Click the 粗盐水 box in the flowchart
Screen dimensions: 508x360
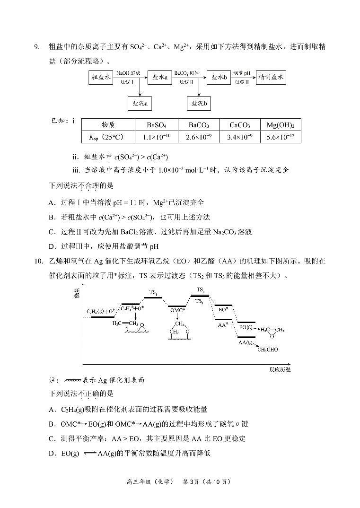click(x=101, y=78)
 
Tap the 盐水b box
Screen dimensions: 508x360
click(x=219, y=78)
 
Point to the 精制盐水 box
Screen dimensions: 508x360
click(x=271, y=78)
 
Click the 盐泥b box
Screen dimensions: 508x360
click(x=199, y=103)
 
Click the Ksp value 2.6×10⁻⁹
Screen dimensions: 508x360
click(x=199, y=137)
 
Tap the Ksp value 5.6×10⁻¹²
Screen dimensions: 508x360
click(x=281, y=137)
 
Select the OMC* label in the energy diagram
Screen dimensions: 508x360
click(x=177, y=310)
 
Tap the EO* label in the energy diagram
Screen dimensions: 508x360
click(x=224, y=309)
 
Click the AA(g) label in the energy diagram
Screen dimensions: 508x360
click(x=245, y=342)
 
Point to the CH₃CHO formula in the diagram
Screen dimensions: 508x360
click(x=267, y=350)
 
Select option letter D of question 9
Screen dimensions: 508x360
click(x=52, y=246)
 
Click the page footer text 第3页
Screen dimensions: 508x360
click(x=191, y=482)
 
